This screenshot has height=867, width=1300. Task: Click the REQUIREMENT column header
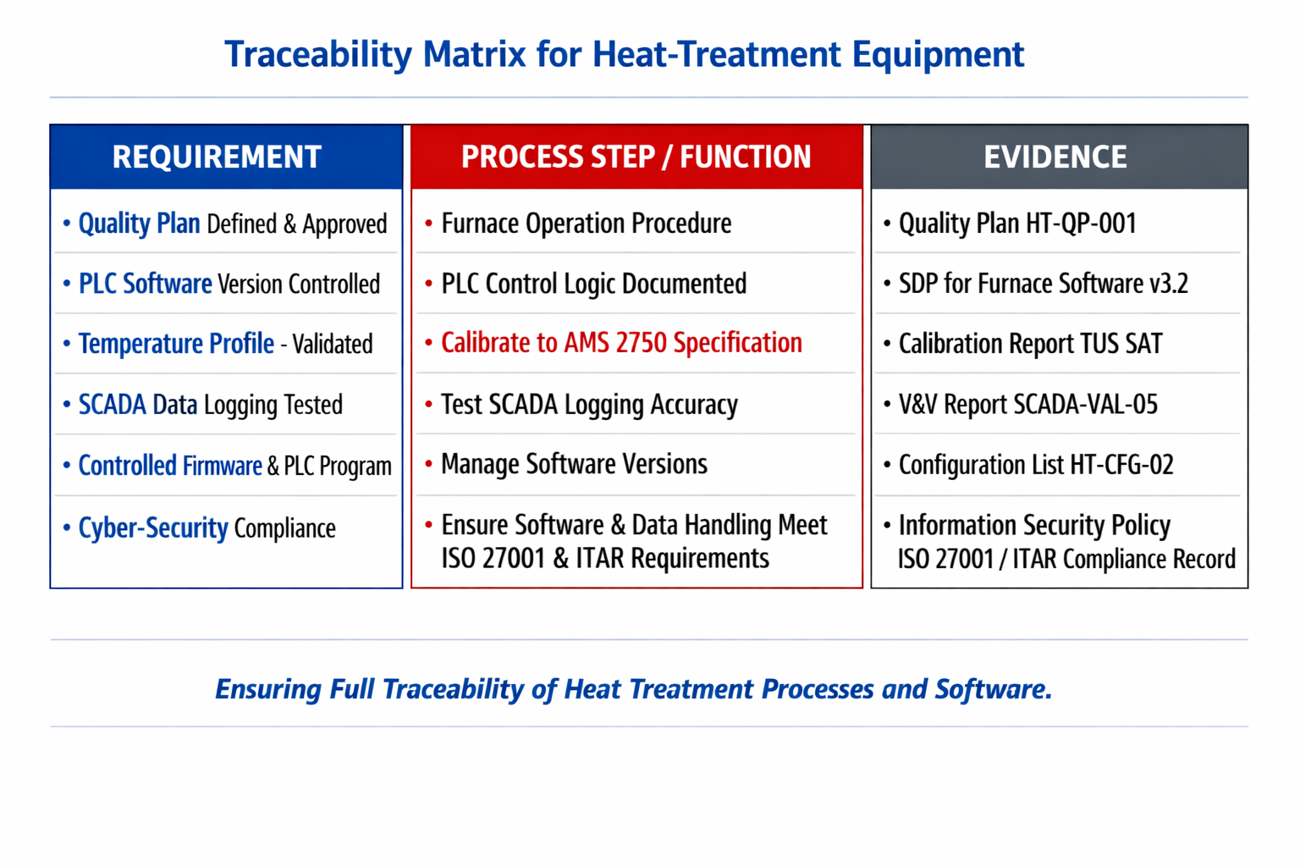[x=217, y=157]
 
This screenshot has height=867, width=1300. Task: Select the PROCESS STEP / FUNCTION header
[x=636, y=157]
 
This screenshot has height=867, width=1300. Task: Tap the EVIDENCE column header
[x=1055, y=157]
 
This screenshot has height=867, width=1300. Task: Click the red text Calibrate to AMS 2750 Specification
[x=621, y=343]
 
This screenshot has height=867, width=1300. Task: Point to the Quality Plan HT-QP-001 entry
[x=1017, y=224]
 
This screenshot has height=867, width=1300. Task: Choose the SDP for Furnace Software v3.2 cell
[x=1044, y=284]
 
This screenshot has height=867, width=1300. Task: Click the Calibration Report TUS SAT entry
[x=1031, y=344]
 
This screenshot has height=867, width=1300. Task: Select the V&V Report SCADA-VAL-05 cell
[x=1027, y=404]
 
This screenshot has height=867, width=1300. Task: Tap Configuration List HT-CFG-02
[x=1036, y=465]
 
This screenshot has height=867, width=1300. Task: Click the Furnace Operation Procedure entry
[x=587, y=224]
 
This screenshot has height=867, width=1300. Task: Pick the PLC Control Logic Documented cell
[x=593, y=284]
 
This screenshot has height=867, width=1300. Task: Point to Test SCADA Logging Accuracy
[x=589, y=405]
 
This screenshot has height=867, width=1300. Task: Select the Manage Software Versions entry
[x=574, y=465]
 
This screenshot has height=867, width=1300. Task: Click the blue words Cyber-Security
[x=153, y=528]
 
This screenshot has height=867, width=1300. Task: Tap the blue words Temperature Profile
[x=176, y=344]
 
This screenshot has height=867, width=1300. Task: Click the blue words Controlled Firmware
[x=170, y=466]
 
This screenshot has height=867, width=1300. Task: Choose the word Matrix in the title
[x=474, y=54]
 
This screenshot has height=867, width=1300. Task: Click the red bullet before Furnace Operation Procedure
[x=429, y=224]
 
